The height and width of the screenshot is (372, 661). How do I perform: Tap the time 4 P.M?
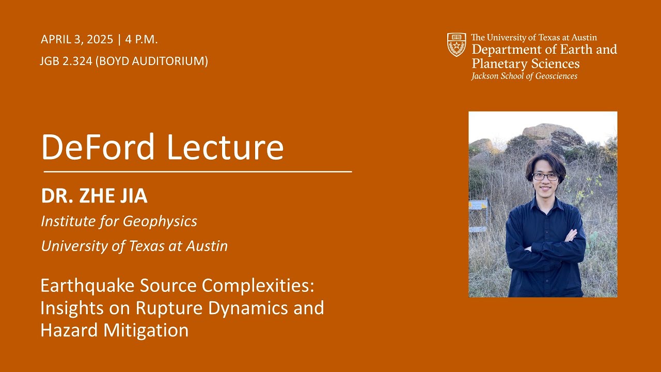[141, 40]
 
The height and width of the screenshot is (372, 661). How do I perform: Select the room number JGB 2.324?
[66, 61]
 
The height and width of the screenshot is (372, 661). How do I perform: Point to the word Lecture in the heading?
[225, 147]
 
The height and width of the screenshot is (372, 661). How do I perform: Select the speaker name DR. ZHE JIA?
[94, 196]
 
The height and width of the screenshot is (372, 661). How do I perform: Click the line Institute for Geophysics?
[119, 221]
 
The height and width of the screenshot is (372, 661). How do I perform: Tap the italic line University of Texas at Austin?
[134, 246]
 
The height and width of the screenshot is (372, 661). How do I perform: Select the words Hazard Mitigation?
[114, 330]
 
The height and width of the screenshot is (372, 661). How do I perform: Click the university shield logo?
[457, 45]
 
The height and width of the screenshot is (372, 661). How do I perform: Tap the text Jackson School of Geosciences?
[524, 76]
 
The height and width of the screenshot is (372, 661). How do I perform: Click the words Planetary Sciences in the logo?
[525, 64]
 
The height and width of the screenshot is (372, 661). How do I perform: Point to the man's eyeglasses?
[545, 177]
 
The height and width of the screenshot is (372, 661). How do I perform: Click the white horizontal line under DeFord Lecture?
[197, 171]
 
